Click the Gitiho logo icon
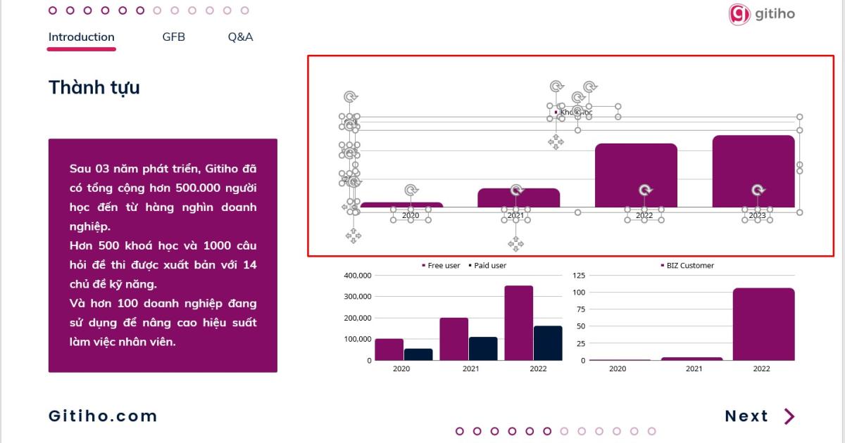pos(739,14)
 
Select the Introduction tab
pos(81,37)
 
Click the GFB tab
pos(173,37)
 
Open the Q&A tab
pos(240,37)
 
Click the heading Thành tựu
pos(94,88)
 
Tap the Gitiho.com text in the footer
pos(103,416)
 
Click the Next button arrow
pos(789,416)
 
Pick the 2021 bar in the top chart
pos(518,198)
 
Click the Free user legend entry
pos(441,266)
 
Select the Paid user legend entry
pos(487,266)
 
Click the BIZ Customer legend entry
pos(687,266)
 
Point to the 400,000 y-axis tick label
pos(358,276)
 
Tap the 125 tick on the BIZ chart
pos(578,276)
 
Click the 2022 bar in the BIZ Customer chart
pos(763,323)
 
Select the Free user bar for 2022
pos(519,323)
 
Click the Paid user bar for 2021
pos(483,348)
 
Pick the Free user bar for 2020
pos(389,349)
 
